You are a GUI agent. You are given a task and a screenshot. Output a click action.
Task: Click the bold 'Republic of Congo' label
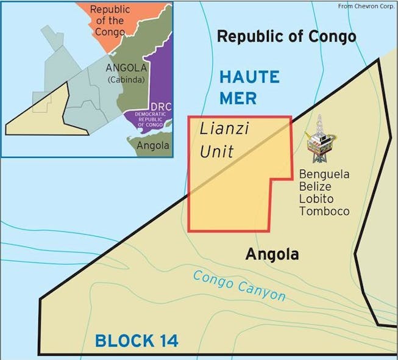click(286, 37)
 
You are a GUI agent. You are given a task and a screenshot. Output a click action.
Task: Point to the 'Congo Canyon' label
click(239, 286)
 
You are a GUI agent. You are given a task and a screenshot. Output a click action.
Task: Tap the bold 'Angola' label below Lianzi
click(272, 254)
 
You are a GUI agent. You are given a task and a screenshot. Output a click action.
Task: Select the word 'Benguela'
click(324, 175)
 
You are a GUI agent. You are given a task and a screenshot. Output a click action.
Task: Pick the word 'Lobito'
click(315, 199)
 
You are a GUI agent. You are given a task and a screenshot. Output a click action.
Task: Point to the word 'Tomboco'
click(324, 211)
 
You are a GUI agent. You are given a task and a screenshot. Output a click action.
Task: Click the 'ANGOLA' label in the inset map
click(126, 67)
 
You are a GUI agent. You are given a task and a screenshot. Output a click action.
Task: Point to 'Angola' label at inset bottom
click(152, 146)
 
